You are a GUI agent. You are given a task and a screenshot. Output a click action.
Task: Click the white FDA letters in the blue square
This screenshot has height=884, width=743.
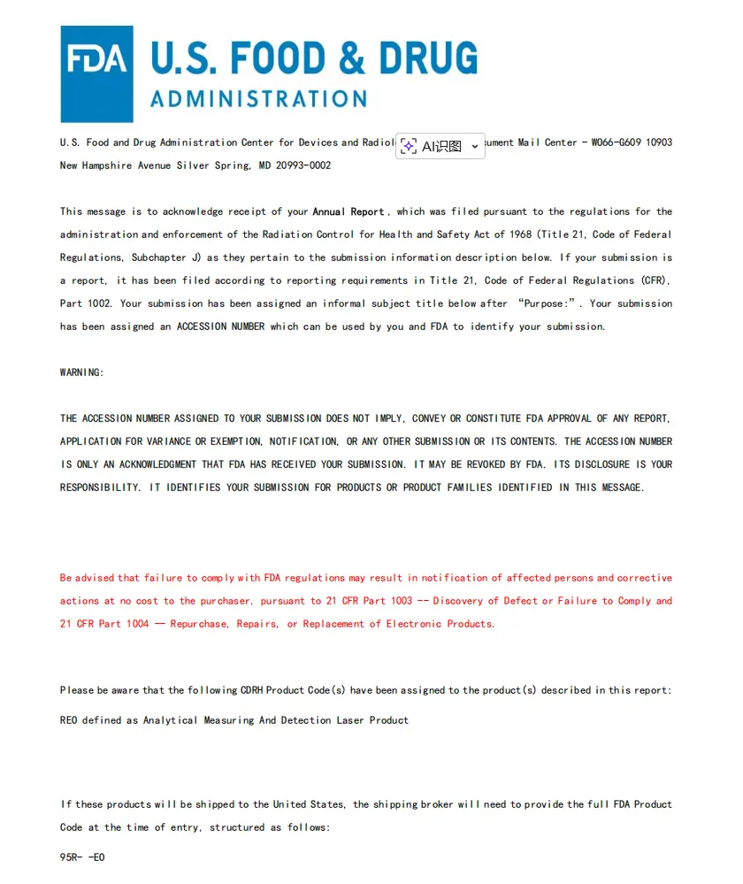(x=97, y=59)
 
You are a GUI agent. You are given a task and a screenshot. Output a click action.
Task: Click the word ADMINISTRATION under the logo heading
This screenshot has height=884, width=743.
(x=258, y=98)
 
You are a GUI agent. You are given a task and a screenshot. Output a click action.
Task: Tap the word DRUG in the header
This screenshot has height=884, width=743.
(x=428, y=58)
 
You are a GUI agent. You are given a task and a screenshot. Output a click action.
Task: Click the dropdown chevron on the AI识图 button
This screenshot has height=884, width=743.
(x=475, y=147)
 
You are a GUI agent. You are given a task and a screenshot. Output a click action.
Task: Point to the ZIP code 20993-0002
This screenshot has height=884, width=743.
(x=303, y=165)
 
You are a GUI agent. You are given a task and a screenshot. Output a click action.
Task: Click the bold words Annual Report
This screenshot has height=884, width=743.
(x=349, y=211)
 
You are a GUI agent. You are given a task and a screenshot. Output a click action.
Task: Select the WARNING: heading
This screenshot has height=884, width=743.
(x=82, y=373)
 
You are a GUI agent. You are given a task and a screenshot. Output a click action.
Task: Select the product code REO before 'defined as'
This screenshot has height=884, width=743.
(x=69, y=720)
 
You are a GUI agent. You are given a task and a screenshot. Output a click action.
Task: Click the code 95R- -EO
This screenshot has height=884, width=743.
(x=82, y=857)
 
